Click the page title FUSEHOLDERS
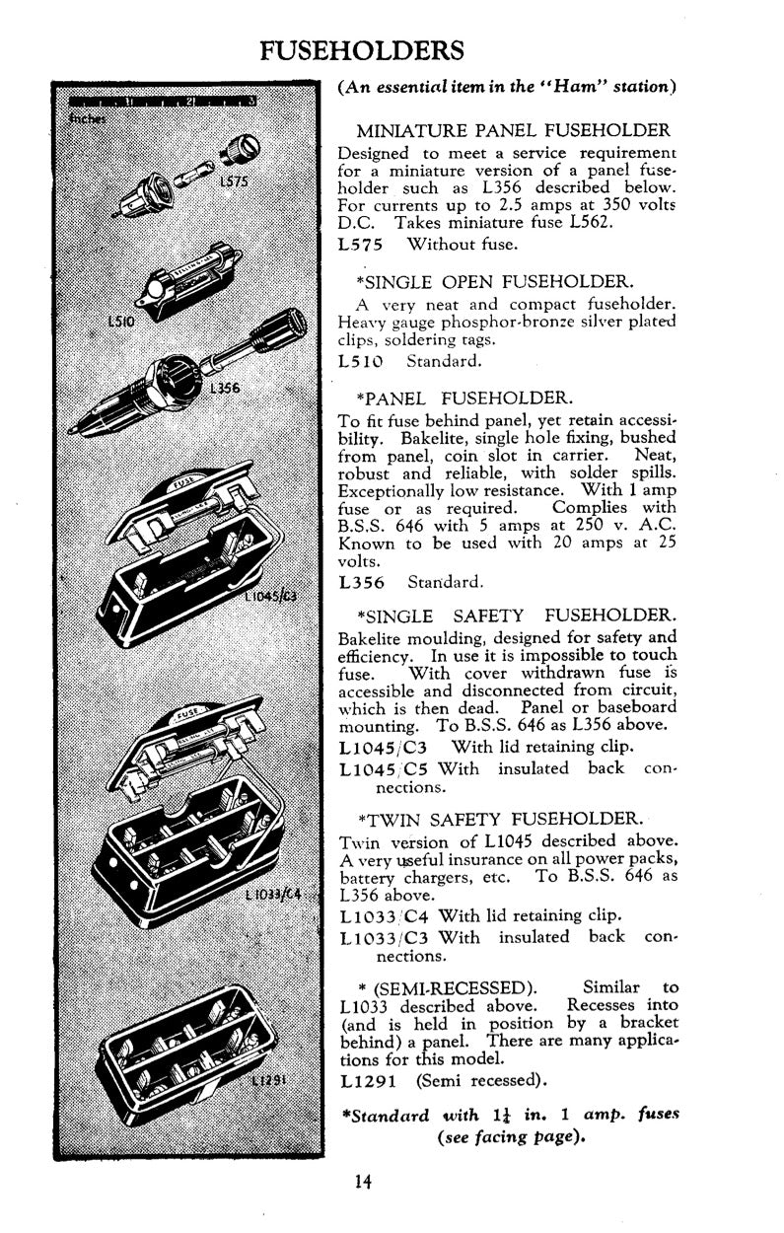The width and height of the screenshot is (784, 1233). coord(362,49)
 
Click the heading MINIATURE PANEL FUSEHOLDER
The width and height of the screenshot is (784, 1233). coord(513,131)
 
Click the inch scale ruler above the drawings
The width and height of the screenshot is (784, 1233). coord(164,102)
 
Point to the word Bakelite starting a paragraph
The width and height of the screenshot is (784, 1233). coord(372,637)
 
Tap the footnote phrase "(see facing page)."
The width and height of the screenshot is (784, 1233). coord(511,1135)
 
